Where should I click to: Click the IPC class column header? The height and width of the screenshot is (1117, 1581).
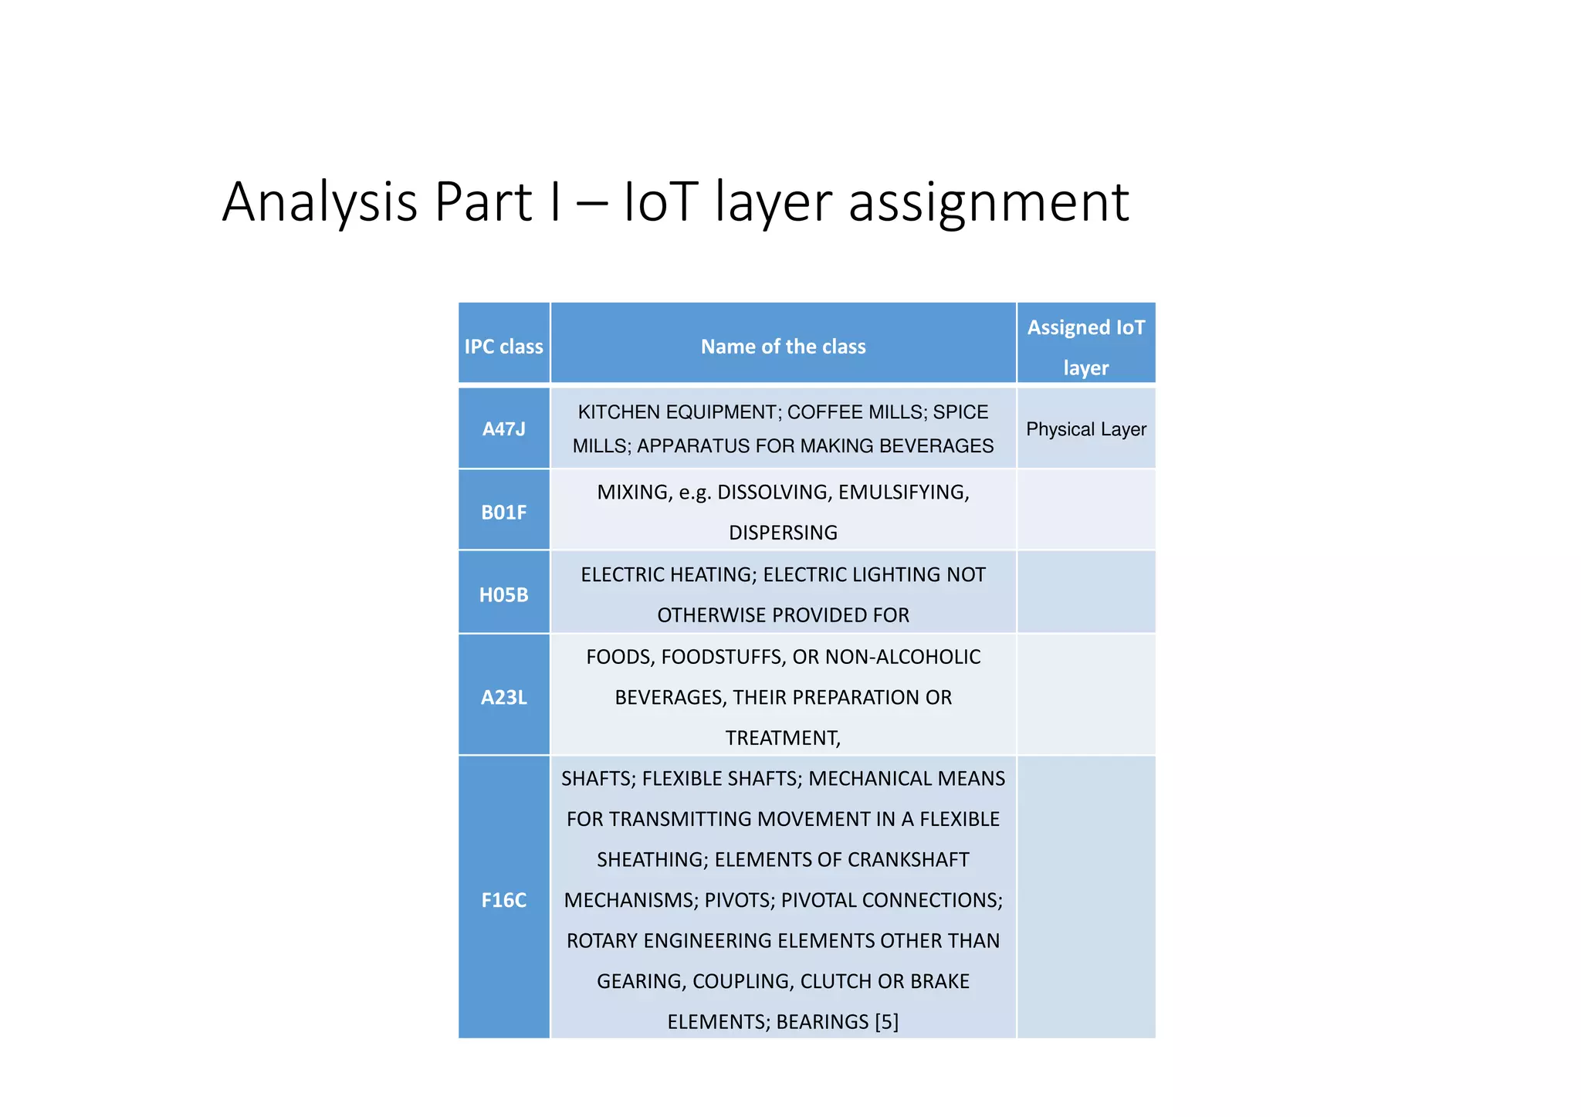503,347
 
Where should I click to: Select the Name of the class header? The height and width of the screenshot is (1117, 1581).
783,347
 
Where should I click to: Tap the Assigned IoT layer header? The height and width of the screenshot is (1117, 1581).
1085,347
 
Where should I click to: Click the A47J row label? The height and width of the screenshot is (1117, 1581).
503,429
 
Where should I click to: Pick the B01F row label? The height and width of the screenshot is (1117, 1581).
503,513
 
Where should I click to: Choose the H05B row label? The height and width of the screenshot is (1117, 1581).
503,595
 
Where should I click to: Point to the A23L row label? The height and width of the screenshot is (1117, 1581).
503,698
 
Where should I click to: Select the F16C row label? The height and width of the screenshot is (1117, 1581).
503,900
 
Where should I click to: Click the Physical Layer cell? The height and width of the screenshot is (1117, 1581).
1085,429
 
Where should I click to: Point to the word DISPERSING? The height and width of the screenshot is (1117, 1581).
783,533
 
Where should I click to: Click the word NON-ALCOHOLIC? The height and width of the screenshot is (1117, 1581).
902,657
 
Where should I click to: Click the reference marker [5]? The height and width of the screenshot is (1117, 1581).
886,1022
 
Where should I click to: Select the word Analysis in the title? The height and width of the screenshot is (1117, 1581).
320,202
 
